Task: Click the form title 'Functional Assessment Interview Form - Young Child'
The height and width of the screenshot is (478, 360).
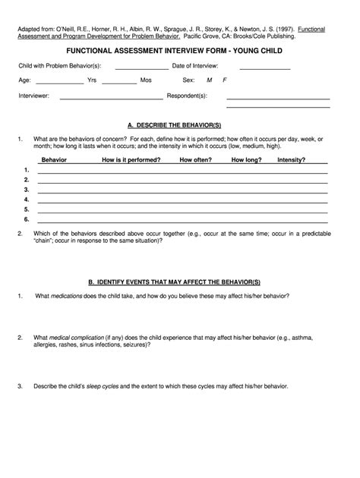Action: coord(179,52)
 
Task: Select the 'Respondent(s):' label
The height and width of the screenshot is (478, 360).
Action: coord(187,96)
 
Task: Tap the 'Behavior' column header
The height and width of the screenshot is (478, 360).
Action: coord(53,160)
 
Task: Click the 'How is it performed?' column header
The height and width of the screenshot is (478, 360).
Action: coord(131,160)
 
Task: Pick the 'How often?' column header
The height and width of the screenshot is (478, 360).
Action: coord(195,160)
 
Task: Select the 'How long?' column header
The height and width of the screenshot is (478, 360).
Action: coord(246,160)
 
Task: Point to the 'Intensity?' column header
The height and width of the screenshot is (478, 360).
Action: coord(292,160)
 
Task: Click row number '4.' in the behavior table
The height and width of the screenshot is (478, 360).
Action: coord(27,199)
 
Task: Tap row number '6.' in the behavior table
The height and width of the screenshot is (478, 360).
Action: coord(27,219)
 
